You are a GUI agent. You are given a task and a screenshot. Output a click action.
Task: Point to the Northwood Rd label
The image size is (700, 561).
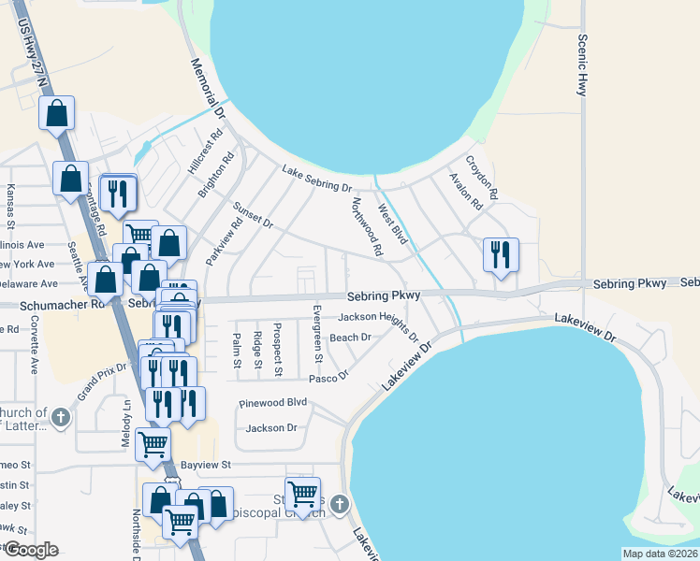pyautogui.click(x=367, y=227)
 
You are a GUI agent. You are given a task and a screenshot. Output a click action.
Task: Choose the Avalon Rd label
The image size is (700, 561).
pyautogui.click(x=464, y=191)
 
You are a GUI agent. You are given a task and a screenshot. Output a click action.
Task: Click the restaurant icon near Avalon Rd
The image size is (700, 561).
pyautogui.click(x=500, y=254)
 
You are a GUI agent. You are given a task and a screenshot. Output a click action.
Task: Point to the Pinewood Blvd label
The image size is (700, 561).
pyautogui.click(x=273, y=403)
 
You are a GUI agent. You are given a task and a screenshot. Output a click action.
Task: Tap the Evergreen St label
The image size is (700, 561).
pyautogui.click(x=317, y=333)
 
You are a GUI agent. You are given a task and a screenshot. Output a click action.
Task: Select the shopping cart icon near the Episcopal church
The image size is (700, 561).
pyautogui.click(x=302, y=493)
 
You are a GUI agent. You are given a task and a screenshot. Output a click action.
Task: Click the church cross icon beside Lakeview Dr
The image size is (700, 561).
pyautogui.click(x=339, y=505)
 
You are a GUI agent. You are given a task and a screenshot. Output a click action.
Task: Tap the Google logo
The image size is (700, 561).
pyautogui.click(x=31, y=550)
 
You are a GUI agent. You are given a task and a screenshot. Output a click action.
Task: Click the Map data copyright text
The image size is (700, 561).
pyautogui.click(x=660, y=554)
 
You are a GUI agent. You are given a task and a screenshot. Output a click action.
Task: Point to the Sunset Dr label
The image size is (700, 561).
pyautogui.click(x=253, y=217)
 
